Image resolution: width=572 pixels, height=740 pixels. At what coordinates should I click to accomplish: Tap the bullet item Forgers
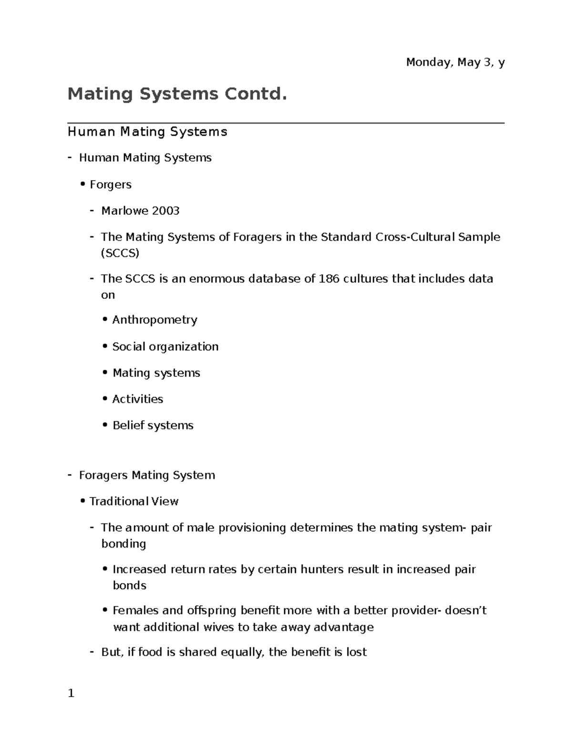coord(110,184)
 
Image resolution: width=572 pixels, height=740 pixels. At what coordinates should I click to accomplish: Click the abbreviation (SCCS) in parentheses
coord(120,253)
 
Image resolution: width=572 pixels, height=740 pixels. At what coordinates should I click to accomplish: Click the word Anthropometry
coord(154,320)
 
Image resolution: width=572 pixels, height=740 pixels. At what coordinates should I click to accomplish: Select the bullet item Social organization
coord(165,346)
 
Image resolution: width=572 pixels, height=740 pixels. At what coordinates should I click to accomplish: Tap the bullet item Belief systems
coord(153,425)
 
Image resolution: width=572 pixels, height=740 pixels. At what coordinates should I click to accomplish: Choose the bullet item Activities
coord(137,399)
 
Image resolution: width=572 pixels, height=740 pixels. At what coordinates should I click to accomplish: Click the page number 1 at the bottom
coord(71,693)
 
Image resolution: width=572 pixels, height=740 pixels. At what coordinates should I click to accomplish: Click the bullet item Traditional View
coord(133,501)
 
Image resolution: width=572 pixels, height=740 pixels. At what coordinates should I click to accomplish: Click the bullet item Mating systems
coord(156,373)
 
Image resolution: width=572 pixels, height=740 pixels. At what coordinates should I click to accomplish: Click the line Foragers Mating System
coord(147,475)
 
